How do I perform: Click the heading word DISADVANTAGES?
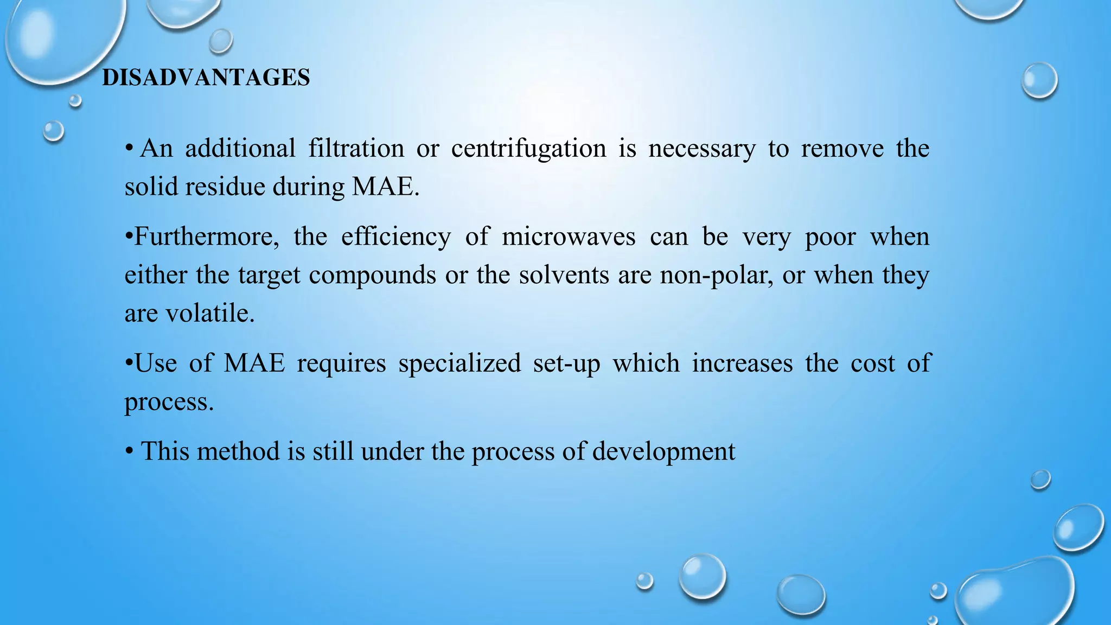pyautogui.click(x=206, y=78)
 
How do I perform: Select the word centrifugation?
pyautogui.click(x=528, y=148)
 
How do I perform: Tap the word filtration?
pyautogui.click(x=356, y=148)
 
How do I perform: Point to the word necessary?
pyautogui.click(x=701, y=148)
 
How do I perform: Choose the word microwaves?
pyautogui.click(x=568, y=237)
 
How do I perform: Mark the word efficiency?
pyautogui.click(x=395, y=237)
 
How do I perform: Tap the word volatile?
pyautogui.click(x=209, y=313)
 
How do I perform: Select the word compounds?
pyautogui.click(x=372, y=275)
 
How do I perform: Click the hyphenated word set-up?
pyautogui.click(x=566, y=363)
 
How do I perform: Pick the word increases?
pyautogui.click(x=742, y=363)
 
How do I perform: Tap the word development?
pyautogui.click(x=663, y=451)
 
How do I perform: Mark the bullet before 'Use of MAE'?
pyautogui.click(x=129, y=363)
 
